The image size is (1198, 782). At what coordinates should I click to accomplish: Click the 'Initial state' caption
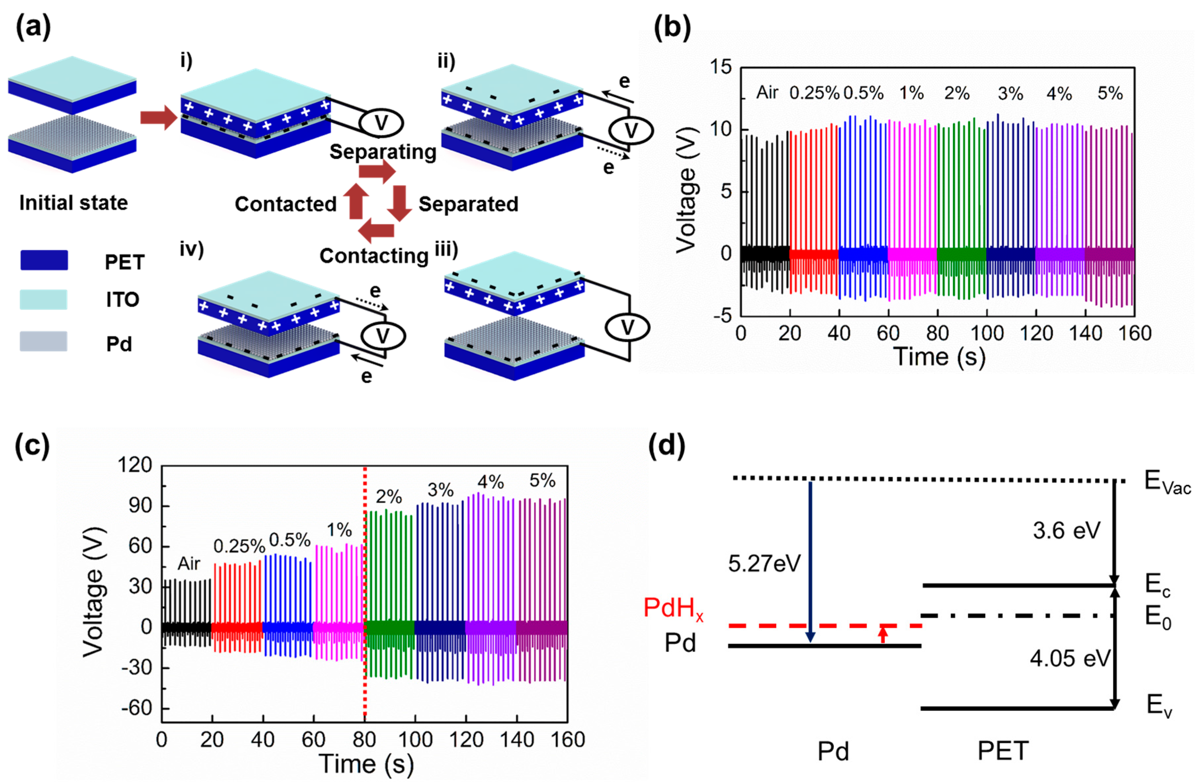coord(73,203)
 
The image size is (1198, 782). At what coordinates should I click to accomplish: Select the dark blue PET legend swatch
coord(44,260)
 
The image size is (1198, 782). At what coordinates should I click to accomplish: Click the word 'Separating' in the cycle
coord(383,152)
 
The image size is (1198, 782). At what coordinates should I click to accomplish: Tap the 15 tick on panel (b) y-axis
coord(721,67)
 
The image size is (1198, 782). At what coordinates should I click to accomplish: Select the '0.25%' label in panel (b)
coord(814,93)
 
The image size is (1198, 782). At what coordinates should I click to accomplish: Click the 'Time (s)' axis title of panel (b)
coord(939,356)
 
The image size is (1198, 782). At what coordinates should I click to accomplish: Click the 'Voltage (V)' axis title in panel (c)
coord(94,592)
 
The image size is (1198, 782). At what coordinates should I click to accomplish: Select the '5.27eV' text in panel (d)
coord(764,564)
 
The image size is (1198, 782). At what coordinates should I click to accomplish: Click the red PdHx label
coord(673,608)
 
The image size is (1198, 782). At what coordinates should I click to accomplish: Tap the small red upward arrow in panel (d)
coord(882,634)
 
